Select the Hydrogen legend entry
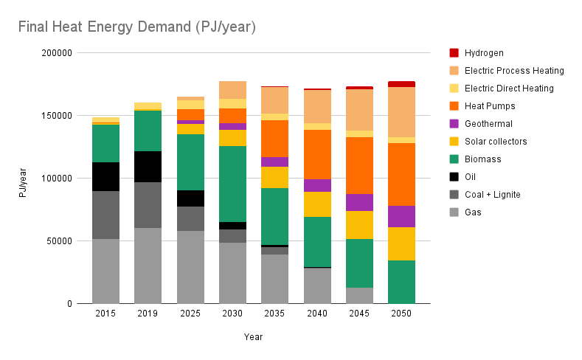484,53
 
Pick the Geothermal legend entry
488,124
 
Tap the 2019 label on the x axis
148,314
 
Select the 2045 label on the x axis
358,314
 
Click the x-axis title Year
253,337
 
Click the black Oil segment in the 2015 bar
105,176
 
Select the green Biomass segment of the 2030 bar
232,184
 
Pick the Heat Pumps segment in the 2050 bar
401,174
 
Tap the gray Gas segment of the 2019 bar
148,266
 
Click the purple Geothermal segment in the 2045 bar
358,202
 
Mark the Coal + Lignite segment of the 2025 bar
190,218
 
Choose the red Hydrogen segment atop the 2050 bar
401,84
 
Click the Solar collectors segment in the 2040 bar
316,204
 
